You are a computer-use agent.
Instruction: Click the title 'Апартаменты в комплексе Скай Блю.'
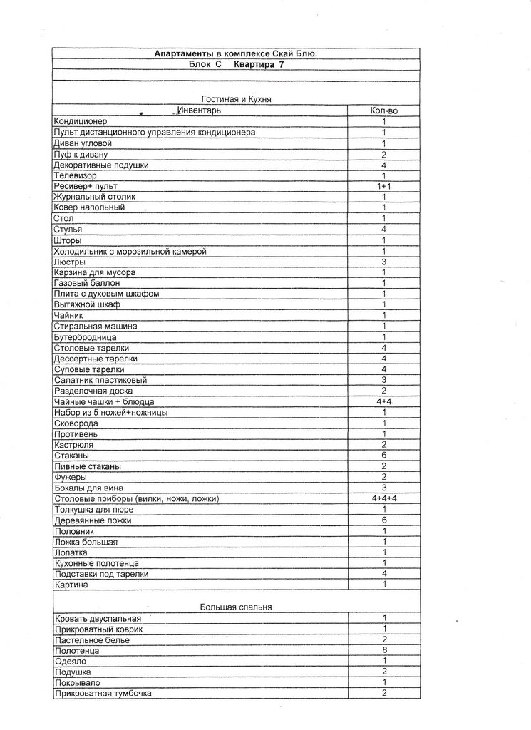(x=236, y=53)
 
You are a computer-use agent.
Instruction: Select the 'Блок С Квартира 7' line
(x=236, y=64)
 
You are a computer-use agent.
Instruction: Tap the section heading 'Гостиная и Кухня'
(x=236, y=99)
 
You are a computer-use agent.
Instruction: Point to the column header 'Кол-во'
(x=383, y=110)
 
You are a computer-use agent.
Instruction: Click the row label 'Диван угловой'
(x=83, y=143)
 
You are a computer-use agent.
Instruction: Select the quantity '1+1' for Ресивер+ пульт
(x=383, y=186)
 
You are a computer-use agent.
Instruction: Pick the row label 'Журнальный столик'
(x=95, y=197)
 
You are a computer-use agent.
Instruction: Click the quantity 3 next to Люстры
(x=383, y=262)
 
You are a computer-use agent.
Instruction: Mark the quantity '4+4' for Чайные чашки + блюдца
(x=383, y=402)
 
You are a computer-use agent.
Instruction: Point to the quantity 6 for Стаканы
(x=383, y=456)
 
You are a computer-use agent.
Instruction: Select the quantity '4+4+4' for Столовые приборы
(x=383, y=499)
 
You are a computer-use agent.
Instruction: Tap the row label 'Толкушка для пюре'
(x=94, y=510)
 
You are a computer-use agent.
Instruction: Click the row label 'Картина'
(x=71, y=585)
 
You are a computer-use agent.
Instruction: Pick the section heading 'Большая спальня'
(x=236, y=607)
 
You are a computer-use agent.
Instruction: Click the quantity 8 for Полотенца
(x=383, y=650)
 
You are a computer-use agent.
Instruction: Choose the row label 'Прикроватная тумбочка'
(x=103, y=693)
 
